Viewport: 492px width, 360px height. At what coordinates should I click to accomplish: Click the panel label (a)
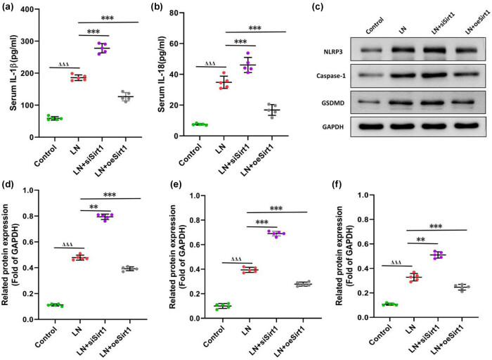11,8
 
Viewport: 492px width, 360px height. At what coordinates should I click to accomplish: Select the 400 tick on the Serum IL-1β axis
36,10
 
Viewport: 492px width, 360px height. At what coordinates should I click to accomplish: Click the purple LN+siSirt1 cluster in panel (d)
106,217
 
